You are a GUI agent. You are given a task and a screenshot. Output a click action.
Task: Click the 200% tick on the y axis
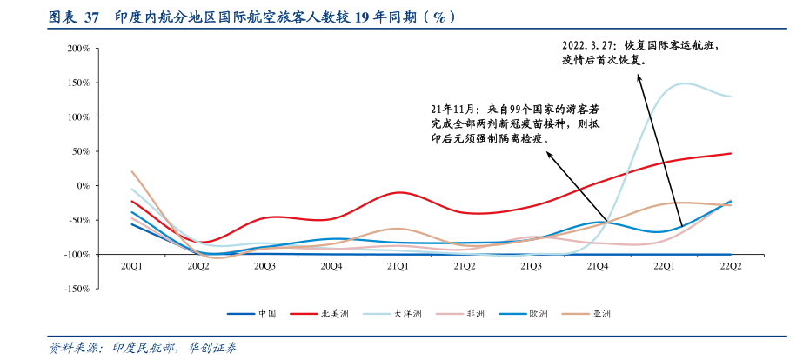[77, 49]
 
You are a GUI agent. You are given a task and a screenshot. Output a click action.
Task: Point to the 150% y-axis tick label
[77, 83]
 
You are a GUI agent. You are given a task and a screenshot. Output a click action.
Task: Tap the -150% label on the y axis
[76, 288]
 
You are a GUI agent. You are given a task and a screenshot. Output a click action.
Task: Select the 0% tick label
[83, 185]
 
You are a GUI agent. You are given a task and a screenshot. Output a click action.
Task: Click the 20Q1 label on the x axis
[131, 266]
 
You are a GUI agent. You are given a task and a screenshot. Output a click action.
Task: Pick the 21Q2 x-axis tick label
[463, 266]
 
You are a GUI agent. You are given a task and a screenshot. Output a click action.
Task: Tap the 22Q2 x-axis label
[730, 266]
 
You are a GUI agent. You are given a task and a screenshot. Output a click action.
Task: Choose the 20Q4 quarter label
[331, 266]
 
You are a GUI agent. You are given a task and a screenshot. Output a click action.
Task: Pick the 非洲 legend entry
[475, 314]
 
